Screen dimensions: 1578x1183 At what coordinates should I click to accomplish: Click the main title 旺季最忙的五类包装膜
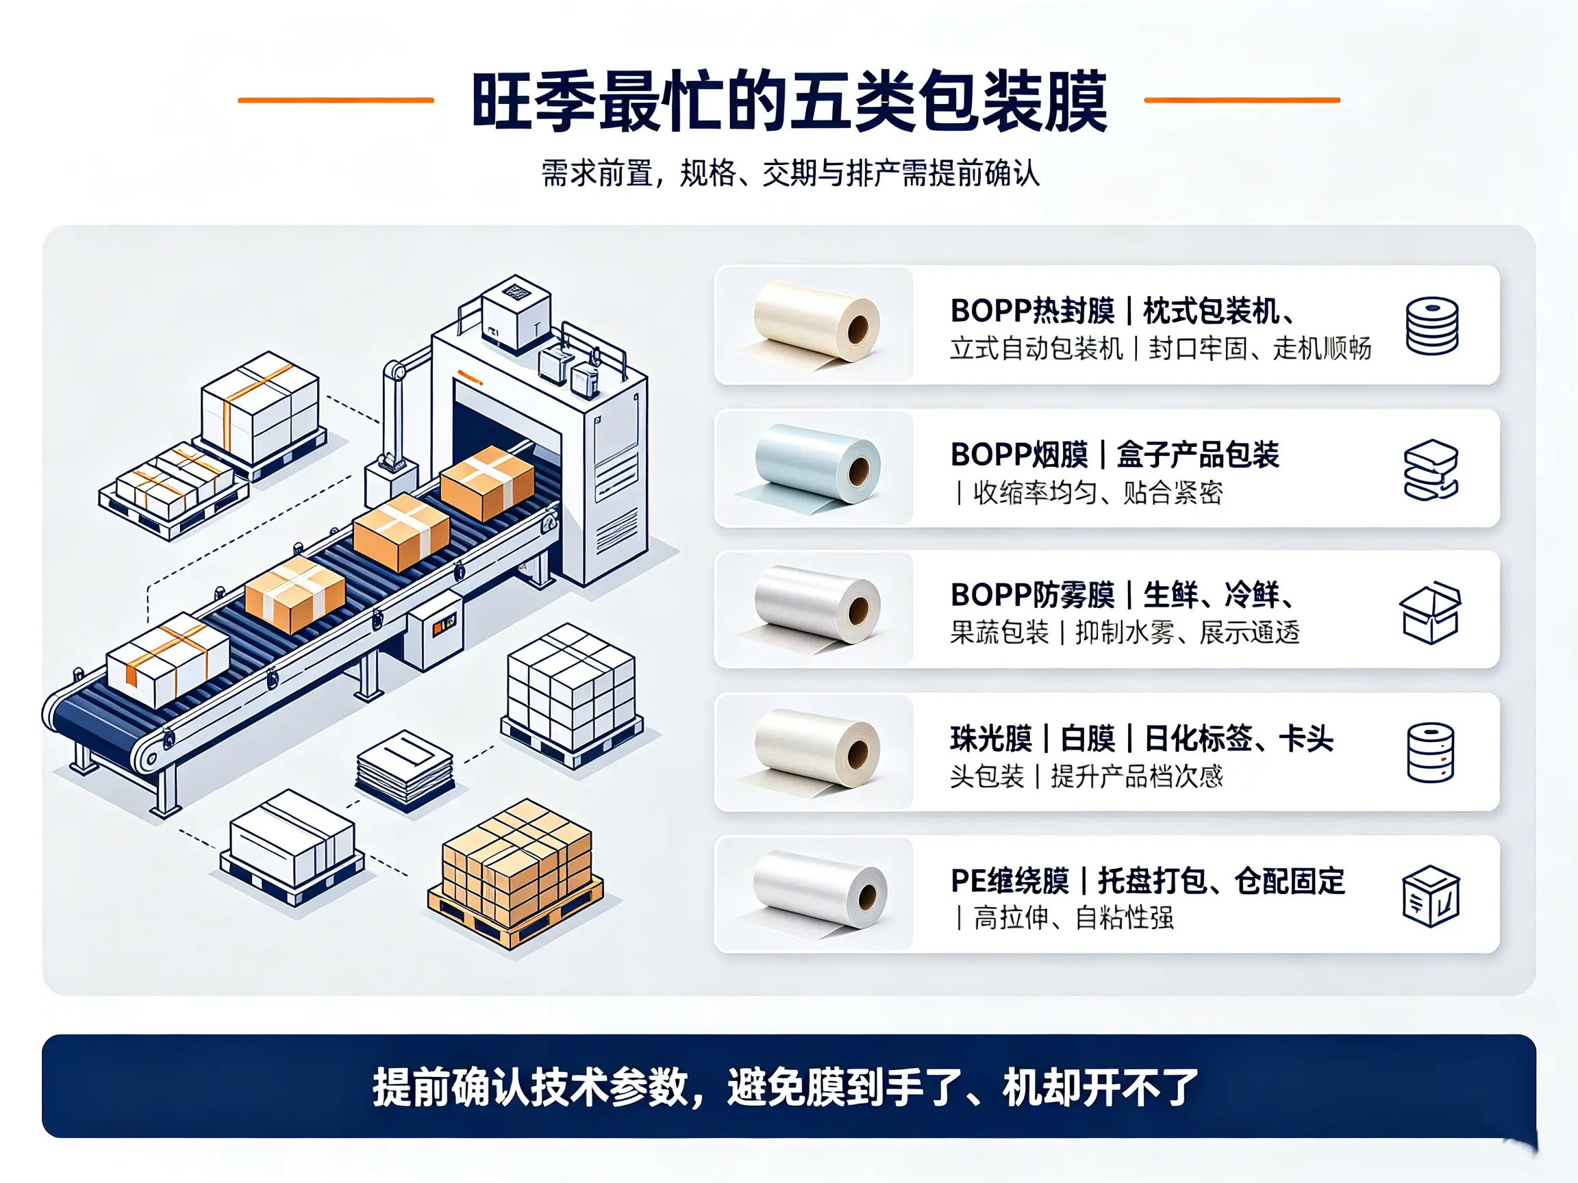(789, 101)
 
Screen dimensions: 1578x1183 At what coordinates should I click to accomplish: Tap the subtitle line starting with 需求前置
(790, 173)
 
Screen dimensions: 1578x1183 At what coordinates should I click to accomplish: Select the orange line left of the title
(336, 101)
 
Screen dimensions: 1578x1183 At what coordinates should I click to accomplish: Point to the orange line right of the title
(1242, 101)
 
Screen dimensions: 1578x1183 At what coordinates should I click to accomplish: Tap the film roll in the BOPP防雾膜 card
(813, 608)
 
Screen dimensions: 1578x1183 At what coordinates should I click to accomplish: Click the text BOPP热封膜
(1032, 311)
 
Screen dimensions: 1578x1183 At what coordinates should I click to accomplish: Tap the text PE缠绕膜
(1010, 881)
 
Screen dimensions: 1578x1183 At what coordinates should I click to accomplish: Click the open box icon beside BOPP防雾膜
(1429, 613)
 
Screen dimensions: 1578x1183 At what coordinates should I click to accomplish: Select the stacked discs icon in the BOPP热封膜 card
(1431, 326)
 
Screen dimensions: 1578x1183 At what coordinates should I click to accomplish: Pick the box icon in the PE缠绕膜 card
(1431, 895)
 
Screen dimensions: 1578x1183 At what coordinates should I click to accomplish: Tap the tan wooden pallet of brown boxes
(515, 874)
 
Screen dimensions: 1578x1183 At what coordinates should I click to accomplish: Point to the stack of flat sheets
(405, 771)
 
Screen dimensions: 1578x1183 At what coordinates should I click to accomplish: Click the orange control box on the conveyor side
(434, 628)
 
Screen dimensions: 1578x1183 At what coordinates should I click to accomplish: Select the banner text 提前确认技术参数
(531, 1087)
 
